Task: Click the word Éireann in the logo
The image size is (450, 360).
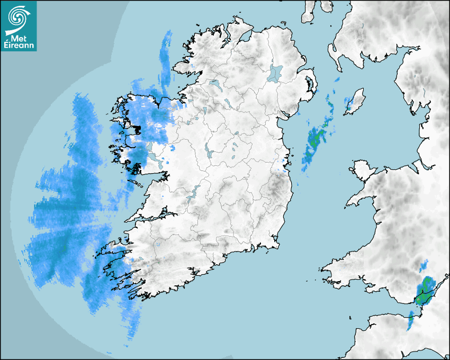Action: click(20, 46)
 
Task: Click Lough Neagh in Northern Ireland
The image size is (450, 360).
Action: click(276, 73)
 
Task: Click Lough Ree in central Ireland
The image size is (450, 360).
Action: click(210, 154)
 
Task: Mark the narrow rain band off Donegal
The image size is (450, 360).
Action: click(166, 58)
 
